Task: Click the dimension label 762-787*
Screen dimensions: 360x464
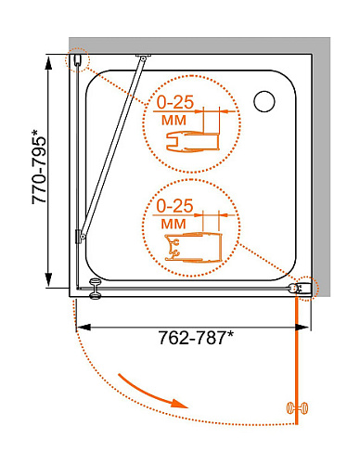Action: [196, 338]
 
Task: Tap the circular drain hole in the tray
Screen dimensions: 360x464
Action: [264, 101]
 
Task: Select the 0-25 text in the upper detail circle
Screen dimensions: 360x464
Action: [174, 102]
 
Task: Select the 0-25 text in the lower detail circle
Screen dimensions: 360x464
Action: [174, 206]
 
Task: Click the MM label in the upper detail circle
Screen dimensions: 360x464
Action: [174, 120]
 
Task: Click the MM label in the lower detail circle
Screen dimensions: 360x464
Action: [174, 224]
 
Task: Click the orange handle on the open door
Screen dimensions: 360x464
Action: [297, 407]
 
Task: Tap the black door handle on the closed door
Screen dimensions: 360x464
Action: [95, 289]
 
